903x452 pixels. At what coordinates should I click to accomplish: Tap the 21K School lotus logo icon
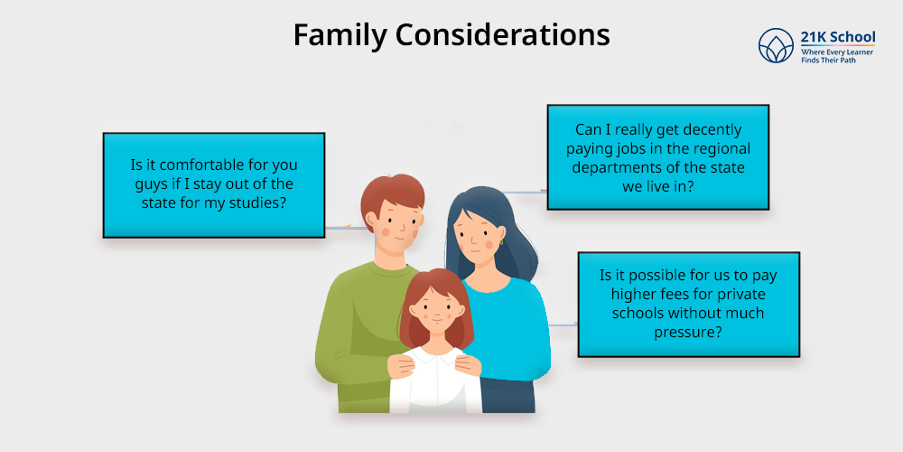click(x=776, y=45)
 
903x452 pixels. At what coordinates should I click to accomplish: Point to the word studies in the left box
click(x=257, y=202)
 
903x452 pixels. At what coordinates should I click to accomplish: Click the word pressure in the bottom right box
click(x=687, y=332)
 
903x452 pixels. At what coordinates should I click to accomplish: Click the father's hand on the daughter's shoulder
click(x=402, y=363)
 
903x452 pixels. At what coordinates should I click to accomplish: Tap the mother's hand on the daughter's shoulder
click(x=467, y=363)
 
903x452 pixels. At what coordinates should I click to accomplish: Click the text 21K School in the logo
click(x=838, y=37)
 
